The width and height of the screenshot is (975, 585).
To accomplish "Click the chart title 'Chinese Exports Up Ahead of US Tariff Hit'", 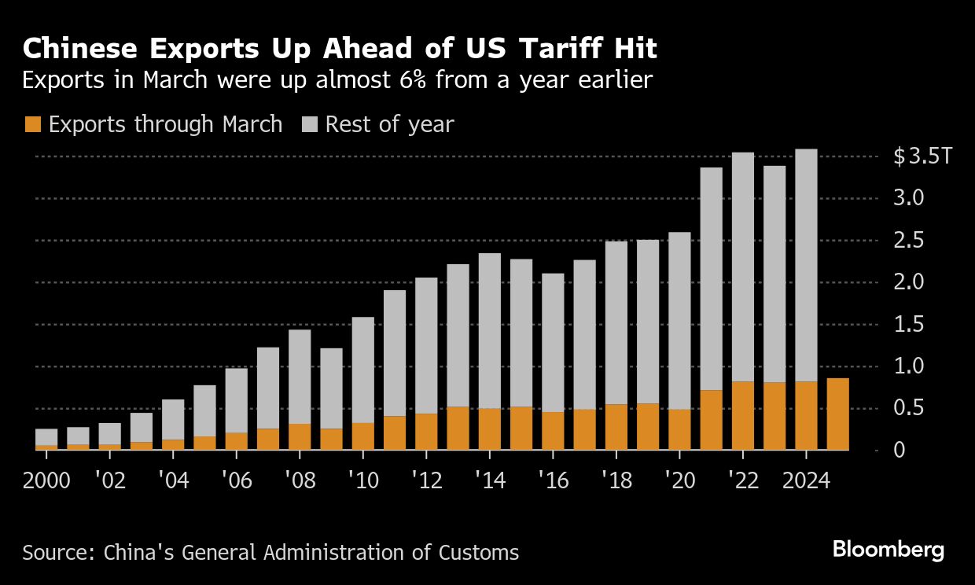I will coord(340,49).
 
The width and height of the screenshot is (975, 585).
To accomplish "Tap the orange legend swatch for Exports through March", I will coord(32,124).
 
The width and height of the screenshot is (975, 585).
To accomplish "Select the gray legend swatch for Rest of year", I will coord(310,124).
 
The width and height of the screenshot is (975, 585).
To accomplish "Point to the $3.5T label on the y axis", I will coord(922,156).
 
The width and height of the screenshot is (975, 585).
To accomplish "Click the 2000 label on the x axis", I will coord(47,480).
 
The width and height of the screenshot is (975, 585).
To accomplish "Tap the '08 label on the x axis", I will coord(300,480).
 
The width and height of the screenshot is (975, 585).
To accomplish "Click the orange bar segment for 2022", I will coord(743,415).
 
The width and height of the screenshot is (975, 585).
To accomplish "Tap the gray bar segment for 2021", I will coord(711,278).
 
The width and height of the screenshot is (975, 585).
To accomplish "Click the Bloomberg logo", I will coord(888,550).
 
